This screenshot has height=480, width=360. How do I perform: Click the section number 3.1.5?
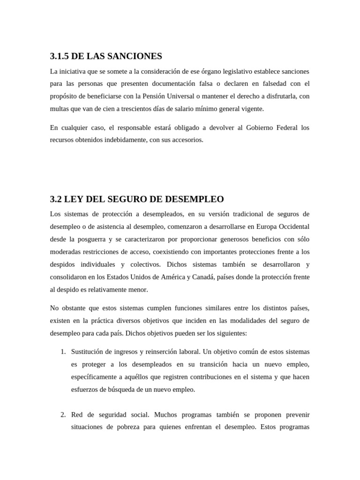tap(60, 56)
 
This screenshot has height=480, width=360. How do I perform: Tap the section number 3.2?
tap(56, 199)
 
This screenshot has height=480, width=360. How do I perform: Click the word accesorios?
tap(187, 140)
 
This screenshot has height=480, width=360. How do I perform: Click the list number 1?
tap(63, 352)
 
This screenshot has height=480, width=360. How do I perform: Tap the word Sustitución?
tap(89, 352)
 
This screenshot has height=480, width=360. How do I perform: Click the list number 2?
tap(63, 415)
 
